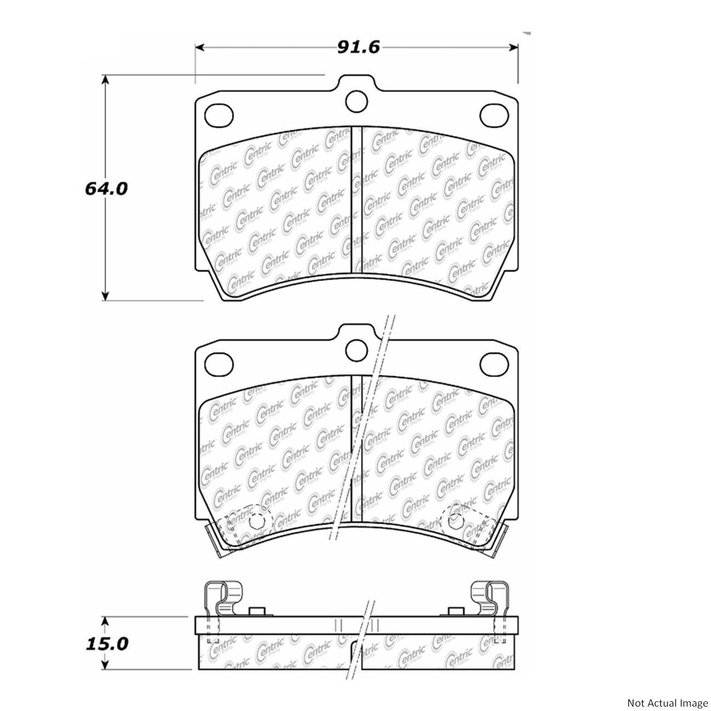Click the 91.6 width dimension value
coord(358,47)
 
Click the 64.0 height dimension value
coord(106,188)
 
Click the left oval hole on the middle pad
coord(219,365)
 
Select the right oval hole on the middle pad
coord(494,365)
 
